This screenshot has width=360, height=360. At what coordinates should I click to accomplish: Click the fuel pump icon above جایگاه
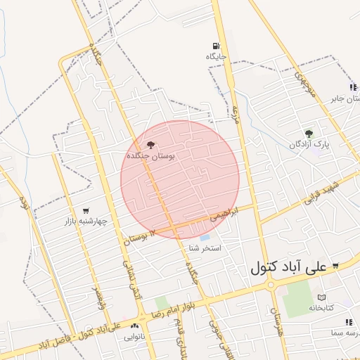214,45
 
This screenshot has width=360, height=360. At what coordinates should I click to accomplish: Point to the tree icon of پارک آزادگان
309,133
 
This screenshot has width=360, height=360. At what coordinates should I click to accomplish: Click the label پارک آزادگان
309,144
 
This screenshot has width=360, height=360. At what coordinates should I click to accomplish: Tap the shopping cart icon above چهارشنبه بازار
86,210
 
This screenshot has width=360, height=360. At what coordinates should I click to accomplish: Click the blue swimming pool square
205,238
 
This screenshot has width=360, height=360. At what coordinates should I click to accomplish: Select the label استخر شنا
205,249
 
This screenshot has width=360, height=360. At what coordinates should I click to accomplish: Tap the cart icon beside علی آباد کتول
335,266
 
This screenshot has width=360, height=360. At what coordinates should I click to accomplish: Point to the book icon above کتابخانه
321,297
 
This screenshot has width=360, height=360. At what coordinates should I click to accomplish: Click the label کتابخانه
321,308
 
